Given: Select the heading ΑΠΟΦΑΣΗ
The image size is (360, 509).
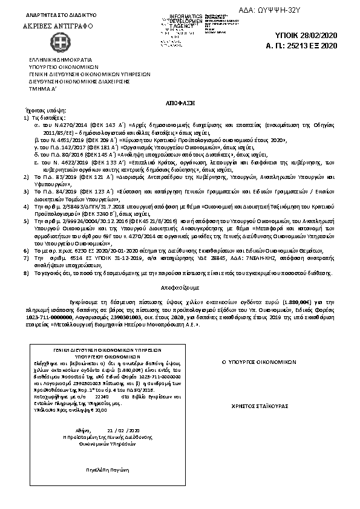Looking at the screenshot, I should tap(180, 103).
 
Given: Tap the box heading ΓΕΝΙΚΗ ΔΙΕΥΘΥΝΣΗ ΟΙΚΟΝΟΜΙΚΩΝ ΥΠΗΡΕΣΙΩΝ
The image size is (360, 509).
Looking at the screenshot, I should tap(99, 350).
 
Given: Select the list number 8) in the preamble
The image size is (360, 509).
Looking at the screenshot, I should tap(26, 273).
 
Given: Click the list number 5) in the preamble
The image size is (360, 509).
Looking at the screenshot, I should tap(26, 222).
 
